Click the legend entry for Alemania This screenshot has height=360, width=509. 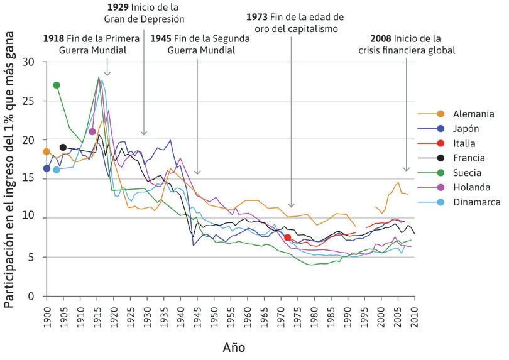pos(451,114)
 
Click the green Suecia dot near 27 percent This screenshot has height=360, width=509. pos(57,85)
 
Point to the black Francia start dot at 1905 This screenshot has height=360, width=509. pos(63,148)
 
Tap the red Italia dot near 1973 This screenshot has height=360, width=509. pos(287,237)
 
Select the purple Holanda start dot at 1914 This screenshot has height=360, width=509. pos(92,132)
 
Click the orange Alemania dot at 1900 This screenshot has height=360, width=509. pos(46,151)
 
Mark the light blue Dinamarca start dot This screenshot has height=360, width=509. pos(57,170)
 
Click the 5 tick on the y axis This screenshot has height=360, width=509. pos(32,257)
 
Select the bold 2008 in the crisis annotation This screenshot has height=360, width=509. pos(382,38)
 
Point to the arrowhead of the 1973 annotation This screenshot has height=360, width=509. pos(291,205)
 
